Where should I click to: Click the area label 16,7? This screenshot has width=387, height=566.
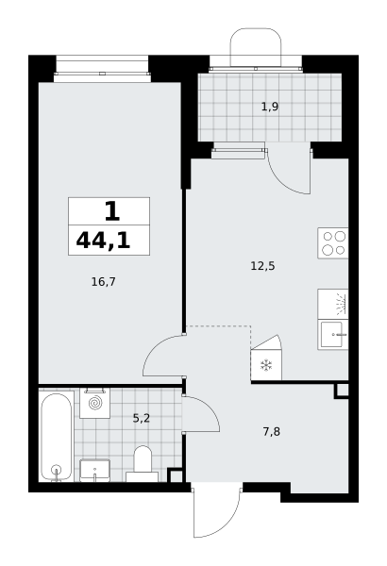103,281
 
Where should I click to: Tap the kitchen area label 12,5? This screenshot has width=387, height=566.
262,266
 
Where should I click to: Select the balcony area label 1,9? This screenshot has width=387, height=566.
270,107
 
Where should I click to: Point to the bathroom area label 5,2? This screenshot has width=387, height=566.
142,418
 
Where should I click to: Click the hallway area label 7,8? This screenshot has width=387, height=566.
271,431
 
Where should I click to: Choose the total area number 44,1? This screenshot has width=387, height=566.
103,241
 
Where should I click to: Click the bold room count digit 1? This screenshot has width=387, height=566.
112,211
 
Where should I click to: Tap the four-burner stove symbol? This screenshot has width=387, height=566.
333,243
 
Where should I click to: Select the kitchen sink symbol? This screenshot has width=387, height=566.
333,335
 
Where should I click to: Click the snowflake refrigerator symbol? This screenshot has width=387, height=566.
266,365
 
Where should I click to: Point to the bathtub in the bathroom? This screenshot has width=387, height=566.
56,437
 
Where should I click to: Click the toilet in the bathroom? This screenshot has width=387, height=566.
143,464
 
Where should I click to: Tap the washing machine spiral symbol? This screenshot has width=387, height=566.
95,403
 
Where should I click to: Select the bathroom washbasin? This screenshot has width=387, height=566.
94,471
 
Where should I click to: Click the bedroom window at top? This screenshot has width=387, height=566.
102,69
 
